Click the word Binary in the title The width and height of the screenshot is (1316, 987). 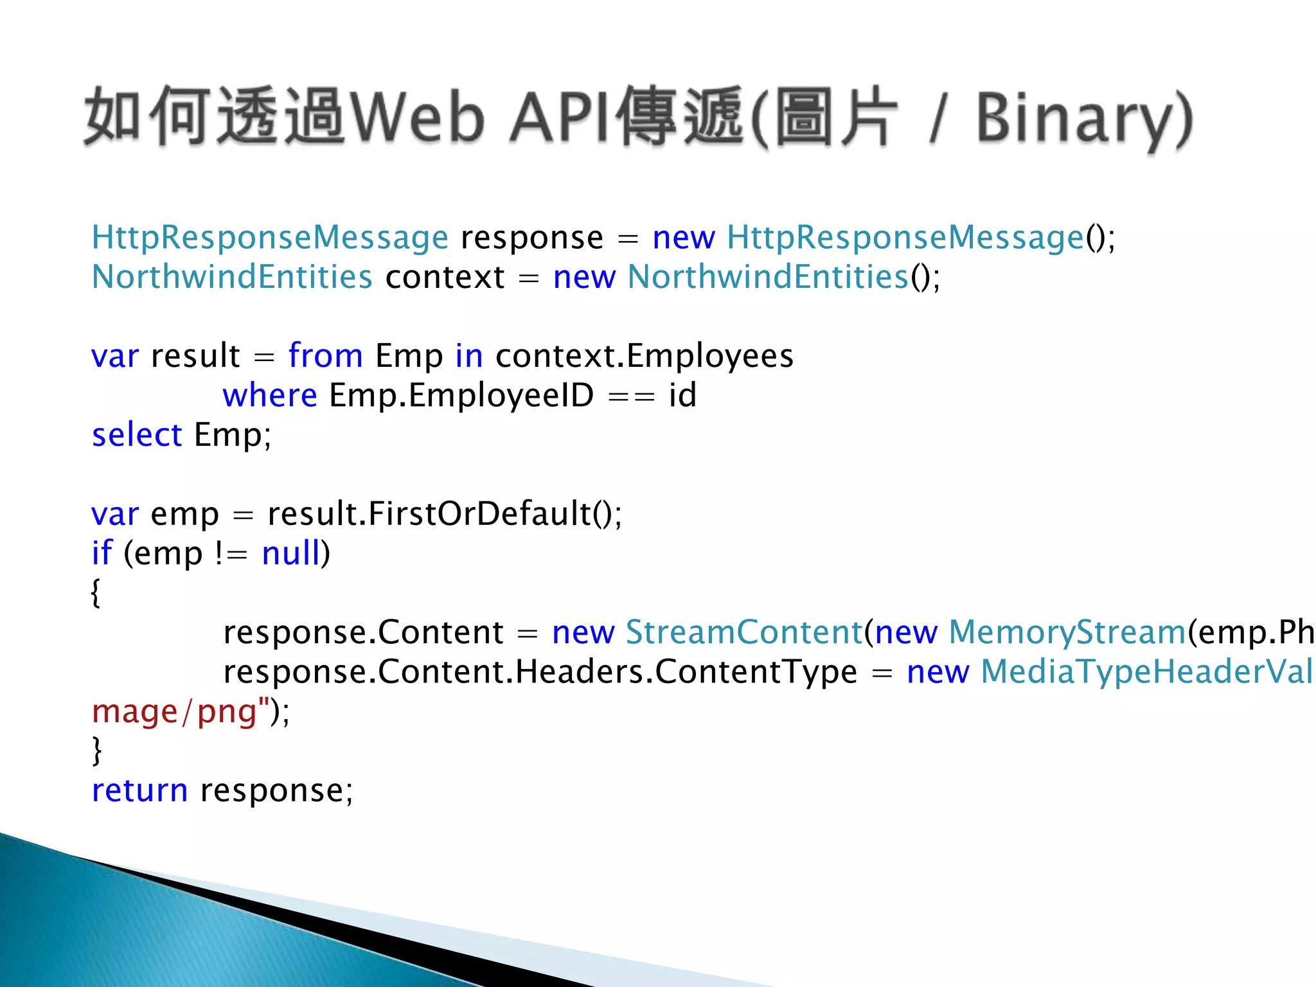coord(1080,119)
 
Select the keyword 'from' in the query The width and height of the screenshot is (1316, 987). coord(325,355)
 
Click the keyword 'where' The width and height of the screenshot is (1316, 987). coord(270,395)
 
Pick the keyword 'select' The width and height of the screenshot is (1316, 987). coord(137,435)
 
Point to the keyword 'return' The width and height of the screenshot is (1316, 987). coord(139,790)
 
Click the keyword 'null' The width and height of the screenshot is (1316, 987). coord(291,553)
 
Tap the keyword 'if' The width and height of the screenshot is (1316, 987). coord(102,553)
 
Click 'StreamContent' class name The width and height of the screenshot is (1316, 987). coord(743,632)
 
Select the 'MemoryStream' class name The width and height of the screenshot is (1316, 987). coord(1067,632)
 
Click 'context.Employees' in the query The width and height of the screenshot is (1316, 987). coord(645,356)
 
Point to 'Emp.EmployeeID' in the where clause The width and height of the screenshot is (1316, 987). coord(461,395)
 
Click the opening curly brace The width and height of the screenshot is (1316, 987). coord(96,592)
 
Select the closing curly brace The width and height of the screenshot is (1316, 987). coord(97,751)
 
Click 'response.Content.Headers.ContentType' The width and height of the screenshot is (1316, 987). coord(540,672)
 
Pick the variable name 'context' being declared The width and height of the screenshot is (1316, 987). coord(445,278)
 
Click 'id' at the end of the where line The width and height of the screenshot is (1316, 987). coord(682,395)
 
